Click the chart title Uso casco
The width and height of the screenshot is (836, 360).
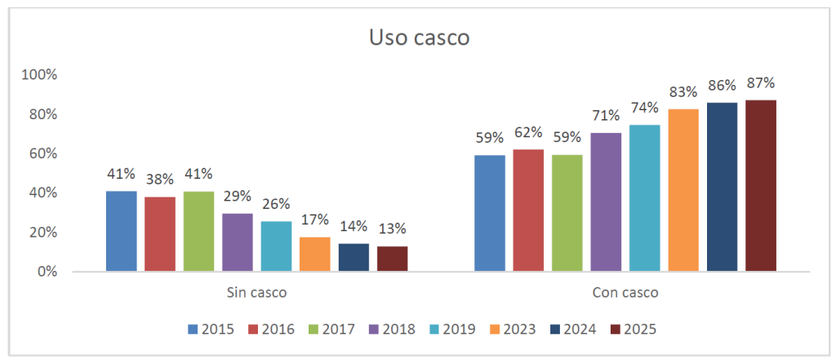419,38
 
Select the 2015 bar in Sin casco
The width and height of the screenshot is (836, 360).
121,231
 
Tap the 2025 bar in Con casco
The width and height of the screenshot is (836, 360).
761,186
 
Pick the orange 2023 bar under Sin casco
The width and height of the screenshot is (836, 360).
314,254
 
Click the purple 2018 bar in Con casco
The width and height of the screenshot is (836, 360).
606,202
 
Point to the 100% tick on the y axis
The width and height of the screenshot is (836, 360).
40,75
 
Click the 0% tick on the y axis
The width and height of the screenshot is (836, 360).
46,271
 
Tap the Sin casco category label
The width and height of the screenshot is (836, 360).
256,291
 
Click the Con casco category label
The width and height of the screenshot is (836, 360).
625,291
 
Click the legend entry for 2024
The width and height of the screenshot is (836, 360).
571,330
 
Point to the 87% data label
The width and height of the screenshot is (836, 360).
761,83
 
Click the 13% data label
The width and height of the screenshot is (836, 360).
392,229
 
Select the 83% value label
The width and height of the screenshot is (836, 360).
683,91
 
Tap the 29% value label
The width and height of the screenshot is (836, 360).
237,197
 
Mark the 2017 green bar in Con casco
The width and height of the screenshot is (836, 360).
567,213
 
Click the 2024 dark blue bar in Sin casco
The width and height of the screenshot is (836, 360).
354,257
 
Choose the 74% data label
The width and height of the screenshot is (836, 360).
644,108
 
